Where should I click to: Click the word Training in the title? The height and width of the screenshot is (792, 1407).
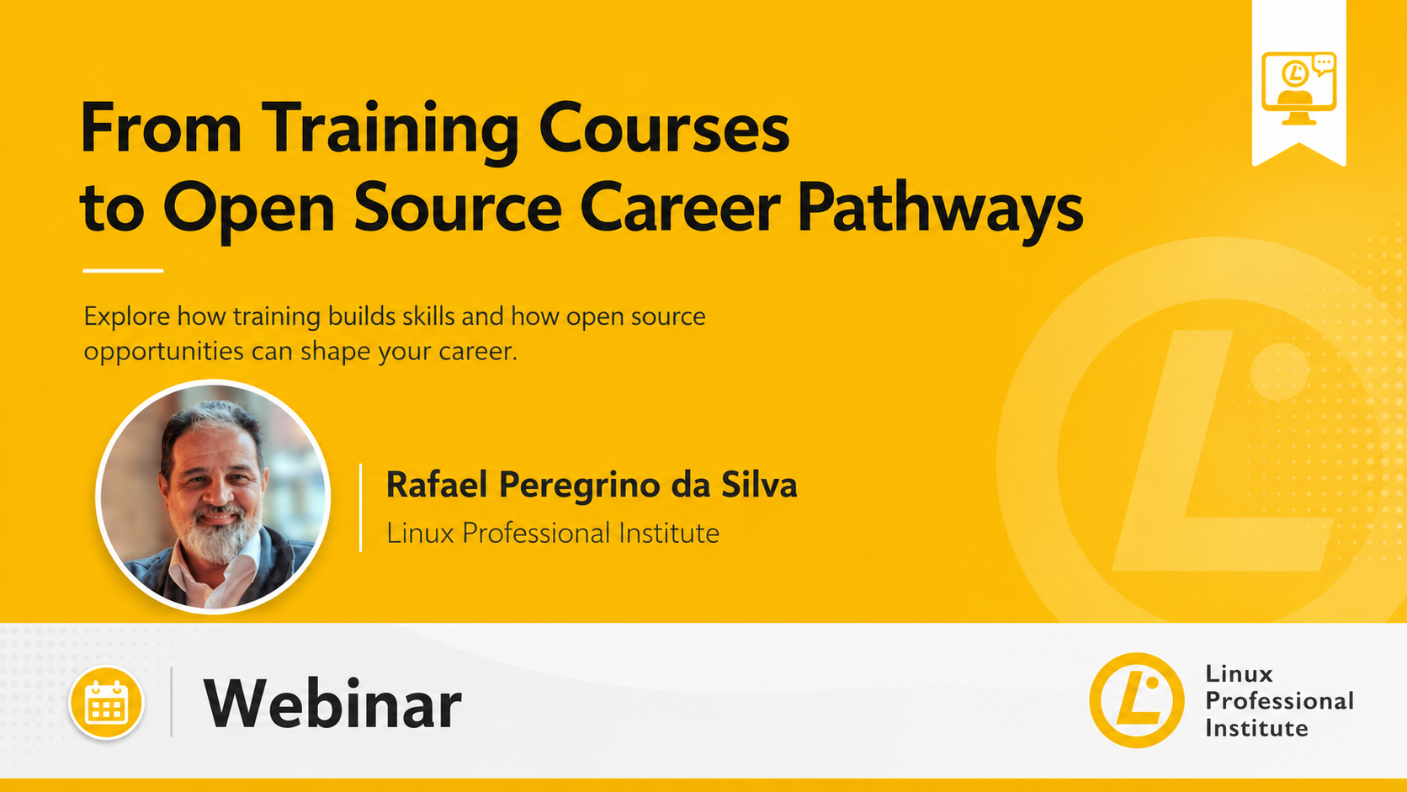(390, 130)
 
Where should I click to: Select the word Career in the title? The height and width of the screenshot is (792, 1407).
(680, 207)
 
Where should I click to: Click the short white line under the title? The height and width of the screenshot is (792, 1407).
(123, 271)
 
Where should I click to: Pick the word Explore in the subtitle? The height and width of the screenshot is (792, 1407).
(127, 316)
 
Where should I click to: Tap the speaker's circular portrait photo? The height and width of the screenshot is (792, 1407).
(213, 497)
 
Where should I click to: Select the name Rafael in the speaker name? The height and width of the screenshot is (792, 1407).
(438, 484)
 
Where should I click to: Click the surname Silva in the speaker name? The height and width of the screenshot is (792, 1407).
(759, 484)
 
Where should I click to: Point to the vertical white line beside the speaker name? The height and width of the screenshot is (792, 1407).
(360, 508)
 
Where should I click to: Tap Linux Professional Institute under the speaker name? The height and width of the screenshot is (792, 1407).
(553, 534)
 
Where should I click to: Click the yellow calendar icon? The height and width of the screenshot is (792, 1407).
(106, 702)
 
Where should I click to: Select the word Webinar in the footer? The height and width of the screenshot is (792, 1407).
(332, 704)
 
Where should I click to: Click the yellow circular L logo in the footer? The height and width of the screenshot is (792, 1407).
(1136, 700)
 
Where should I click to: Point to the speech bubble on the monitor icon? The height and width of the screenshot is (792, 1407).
(1324, 64)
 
